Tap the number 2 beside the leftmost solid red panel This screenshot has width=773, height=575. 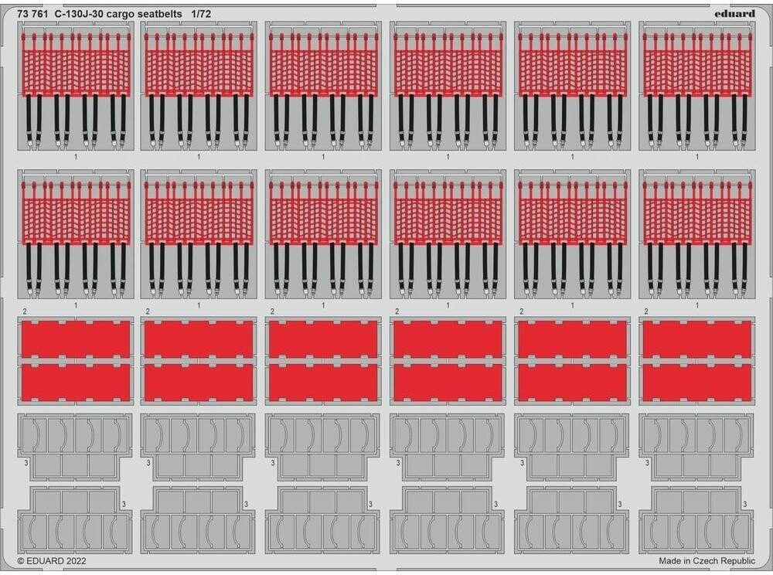click(x=26, y=311)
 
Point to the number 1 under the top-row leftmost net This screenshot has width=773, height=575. click(x=75, y=157)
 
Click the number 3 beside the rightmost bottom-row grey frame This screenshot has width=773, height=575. click(x=745, y=505)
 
